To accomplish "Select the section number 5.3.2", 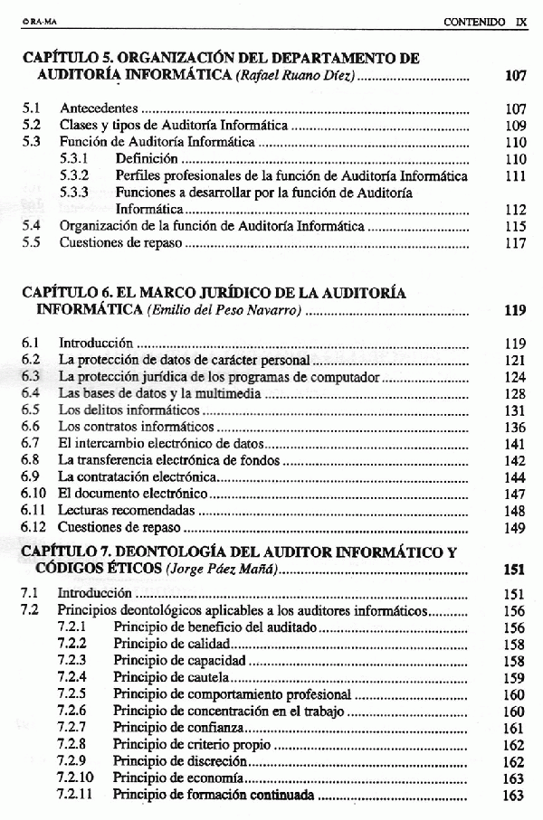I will pos(74,176).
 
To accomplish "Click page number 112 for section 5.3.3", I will pos(515,210).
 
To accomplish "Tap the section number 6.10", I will pos(33,494).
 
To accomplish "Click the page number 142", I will pos(515,460).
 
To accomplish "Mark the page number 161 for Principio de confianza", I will pos(513,729).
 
